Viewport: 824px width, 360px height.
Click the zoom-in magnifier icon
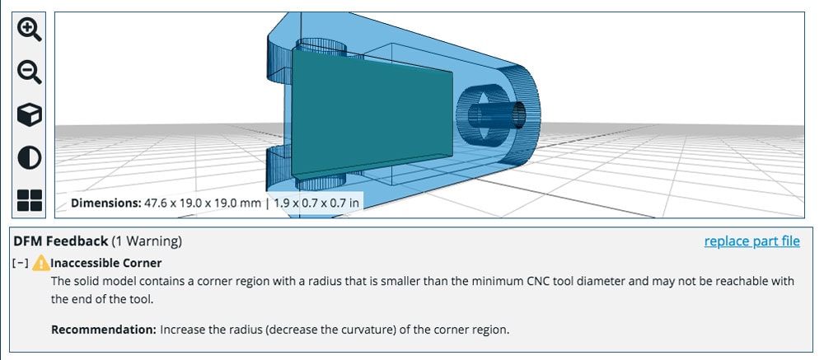pos(30,30)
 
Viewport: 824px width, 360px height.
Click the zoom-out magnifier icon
pos(30,72)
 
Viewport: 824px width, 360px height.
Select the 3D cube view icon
pos(30,115)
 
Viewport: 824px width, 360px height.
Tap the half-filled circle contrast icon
pos(30,157)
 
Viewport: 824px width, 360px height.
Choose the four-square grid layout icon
pos(30,199)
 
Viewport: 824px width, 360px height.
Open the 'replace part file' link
pos(751,241)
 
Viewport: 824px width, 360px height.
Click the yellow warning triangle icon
pos(40,264)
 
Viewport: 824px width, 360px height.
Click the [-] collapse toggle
pos(21,264)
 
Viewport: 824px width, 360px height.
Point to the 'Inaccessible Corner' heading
pos(106,264)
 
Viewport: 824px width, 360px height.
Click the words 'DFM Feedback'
pos(60,241)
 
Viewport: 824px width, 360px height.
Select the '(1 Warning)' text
pos(147,241)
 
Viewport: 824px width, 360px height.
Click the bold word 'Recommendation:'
pos(103,330)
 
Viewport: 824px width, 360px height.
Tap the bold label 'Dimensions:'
pos(105,202)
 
